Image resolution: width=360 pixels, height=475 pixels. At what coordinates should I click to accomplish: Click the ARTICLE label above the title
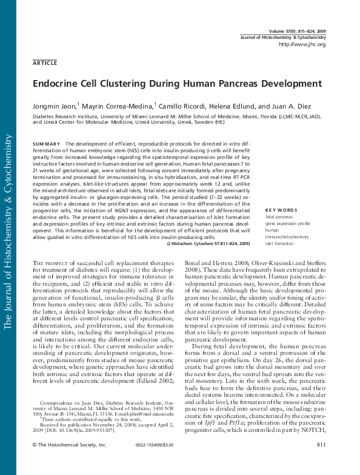(x=45, y=62)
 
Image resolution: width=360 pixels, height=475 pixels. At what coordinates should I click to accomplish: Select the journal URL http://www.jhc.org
(x=301, y=44)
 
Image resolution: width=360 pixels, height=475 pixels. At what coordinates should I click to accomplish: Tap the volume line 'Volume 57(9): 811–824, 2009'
(x=296, y=30)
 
